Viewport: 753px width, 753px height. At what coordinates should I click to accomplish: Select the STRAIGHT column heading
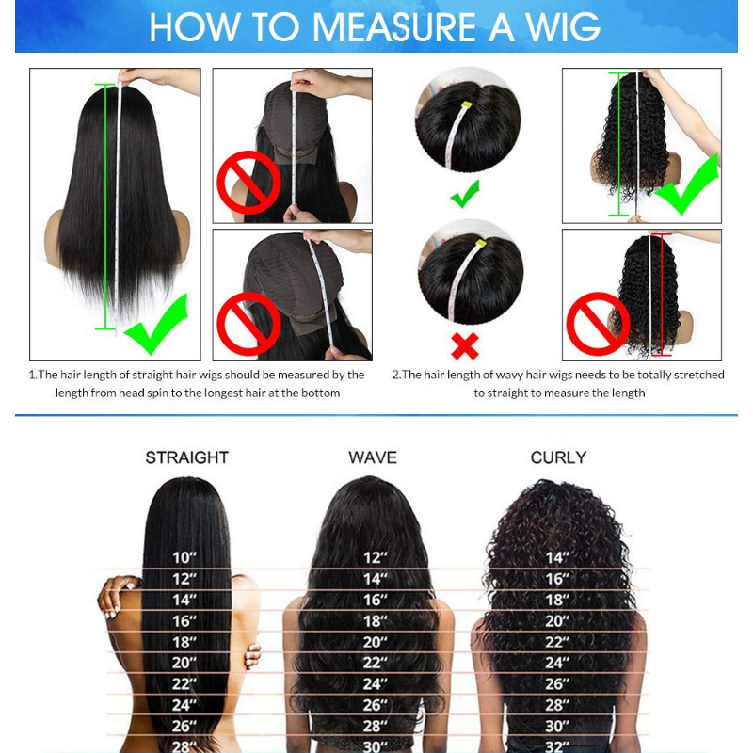pos(186,457)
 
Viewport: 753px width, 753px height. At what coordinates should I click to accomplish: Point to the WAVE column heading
pos(373,457)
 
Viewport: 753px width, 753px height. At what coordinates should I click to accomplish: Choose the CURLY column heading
pos(558,457)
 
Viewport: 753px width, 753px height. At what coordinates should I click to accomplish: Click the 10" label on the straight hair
pos(184,557)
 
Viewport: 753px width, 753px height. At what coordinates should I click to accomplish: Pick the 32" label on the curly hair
pos(558,746)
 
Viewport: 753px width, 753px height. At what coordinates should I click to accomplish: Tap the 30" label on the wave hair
pos(376,746)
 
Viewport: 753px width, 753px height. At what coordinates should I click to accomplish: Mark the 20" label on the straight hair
pos(184,663)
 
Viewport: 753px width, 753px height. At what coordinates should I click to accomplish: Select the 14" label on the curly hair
pos(558,557)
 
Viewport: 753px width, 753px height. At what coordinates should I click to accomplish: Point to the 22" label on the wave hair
pos(376,663)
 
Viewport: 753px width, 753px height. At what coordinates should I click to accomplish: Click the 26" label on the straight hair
pos(184,726)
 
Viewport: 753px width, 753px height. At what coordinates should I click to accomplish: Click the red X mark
pos(465,345)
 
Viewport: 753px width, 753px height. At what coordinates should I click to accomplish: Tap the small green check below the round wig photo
pos(464,196)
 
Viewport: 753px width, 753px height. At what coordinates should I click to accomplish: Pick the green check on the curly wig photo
pos(686,185)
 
